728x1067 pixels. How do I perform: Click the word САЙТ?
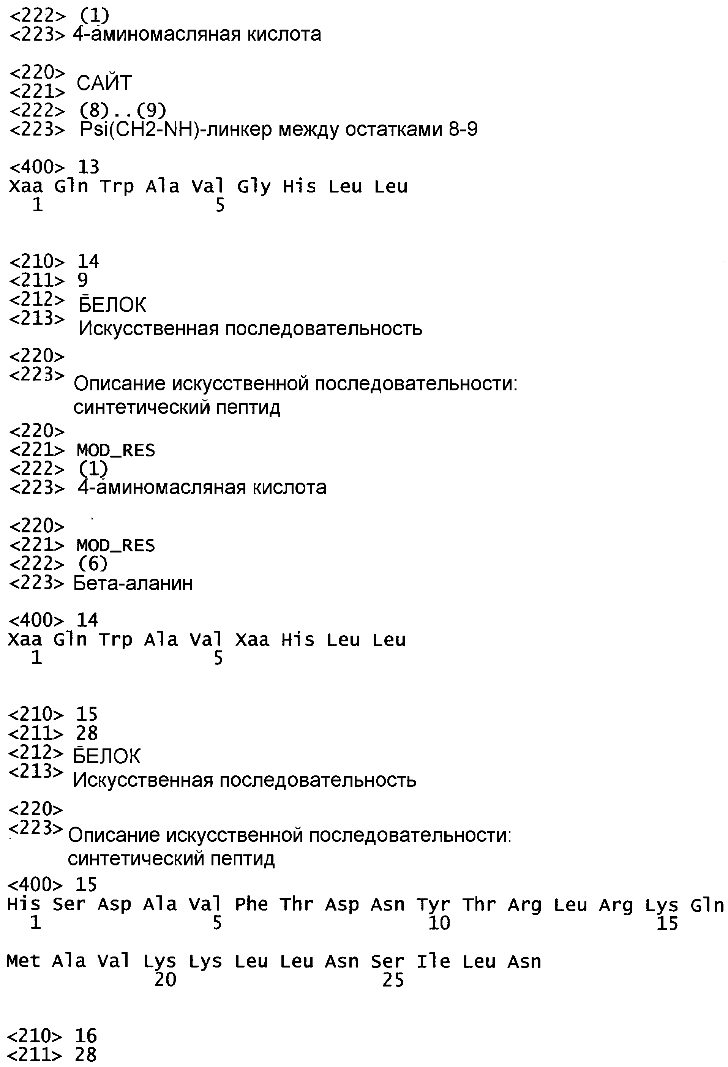tap(104, 83)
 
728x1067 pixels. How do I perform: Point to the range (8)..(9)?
tap(123, 110)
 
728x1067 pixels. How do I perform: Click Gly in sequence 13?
tap(254, 186)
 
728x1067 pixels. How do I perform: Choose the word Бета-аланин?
tap(133, 583)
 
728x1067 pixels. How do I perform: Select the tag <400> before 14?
tap(36, 620)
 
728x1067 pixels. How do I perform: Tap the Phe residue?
tap(251, 904)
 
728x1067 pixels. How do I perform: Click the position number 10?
tap(439, 923)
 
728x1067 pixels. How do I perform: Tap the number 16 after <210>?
tap(86, 1035)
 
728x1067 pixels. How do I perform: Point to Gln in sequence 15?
tap(707, 904)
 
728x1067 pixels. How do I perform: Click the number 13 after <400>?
tap(88, 167)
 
